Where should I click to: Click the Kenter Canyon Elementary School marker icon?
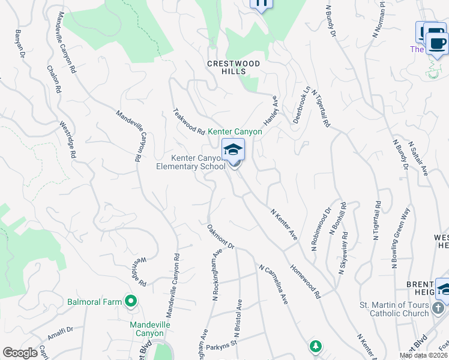233,150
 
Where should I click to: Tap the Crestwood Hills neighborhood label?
234,67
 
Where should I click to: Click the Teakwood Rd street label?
189,121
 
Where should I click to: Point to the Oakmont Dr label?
220,238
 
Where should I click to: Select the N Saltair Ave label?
418,158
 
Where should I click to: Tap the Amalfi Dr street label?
60,334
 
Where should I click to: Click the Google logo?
20,353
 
